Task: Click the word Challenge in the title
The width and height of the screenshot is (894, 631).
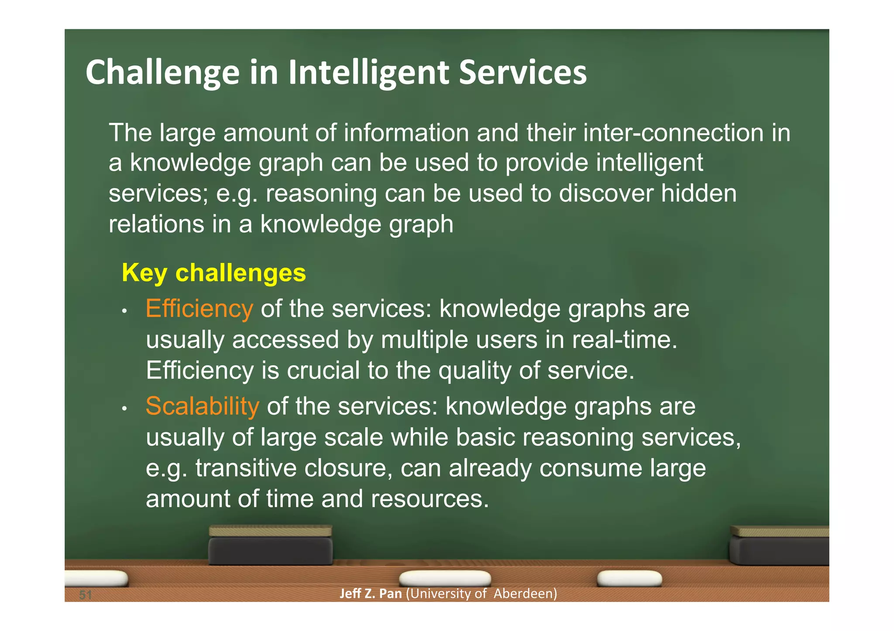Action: tap(162, 72)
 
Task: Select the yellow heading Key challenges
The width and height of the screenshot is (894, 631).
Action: tap(213, 273)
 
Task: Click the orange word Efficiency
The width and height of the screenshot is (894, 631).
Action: tap(199, 309)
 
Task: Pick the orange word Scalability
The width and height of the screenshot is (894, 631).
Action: tap(202, 406)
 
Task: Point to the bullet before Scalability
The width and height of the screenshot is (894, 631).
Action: tap(124, 409)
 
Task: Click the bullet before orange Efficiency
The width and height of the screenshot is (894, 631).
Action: tap(124, 311)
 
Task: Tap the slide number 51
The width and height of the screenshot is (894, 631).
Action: tap(86, 594)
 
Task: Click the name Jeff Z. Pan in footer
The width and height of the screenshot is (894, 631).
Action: tap(370, 593)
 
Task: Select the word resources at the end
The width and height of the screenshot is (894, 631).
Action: tap(430, 499)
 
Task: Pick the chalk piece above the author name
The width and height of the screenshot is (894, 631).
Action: tap(445, 579)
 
